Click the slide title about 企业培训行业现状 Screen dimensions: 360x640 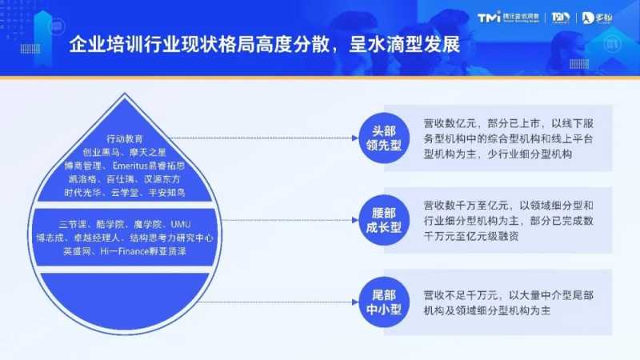click(x=265, y=42)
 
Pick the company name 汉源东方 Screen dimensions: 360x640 click(x=169, y=178)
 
